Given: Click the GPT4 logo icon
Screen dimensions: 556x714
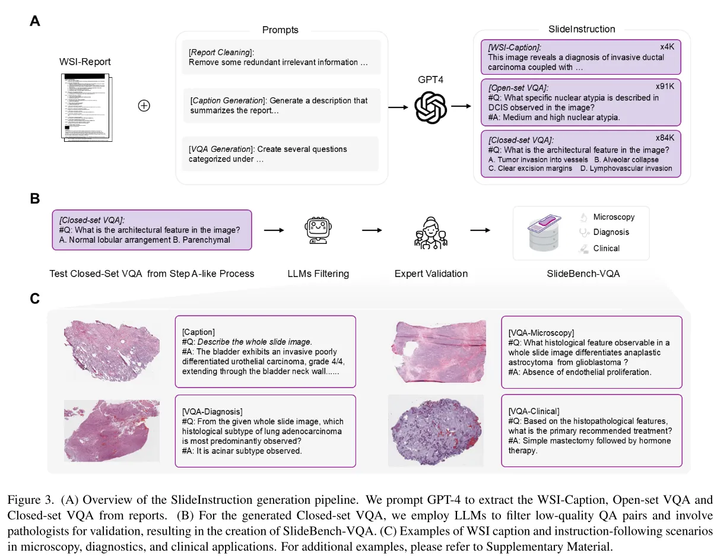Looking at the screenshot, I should (x=431, y=107).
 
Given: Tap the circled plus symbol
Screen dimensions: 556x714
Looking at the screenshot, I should (x=144, y=106).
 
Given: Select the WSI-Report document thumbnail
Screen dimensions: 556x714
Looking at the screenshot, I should (x=86, y=106).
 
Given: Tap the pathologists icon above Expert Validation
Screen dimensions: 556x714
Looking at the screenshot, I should (x=431, y=231).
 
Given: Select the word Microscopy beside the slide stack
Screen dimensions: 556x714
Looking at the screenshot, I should (x=614, y=217).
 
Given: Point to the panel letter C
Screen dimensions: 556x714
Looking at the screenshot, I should (x=35, y=298).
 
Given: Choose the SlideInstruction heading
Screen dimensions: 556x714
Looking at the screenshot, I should (x=581, y=29).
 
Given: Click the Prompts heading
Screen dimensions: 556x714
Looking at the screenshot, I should (x=280, y=30).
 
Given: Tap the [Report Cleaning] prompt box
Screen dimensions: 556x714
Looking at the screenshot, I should (x=281, y=57).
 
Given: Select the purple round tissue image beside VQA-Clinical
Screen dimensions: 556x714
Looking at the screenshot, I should (x=436, y=430).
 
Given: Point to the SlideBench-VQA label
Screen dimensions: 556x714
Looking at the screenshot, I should (x=581, y=274).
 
